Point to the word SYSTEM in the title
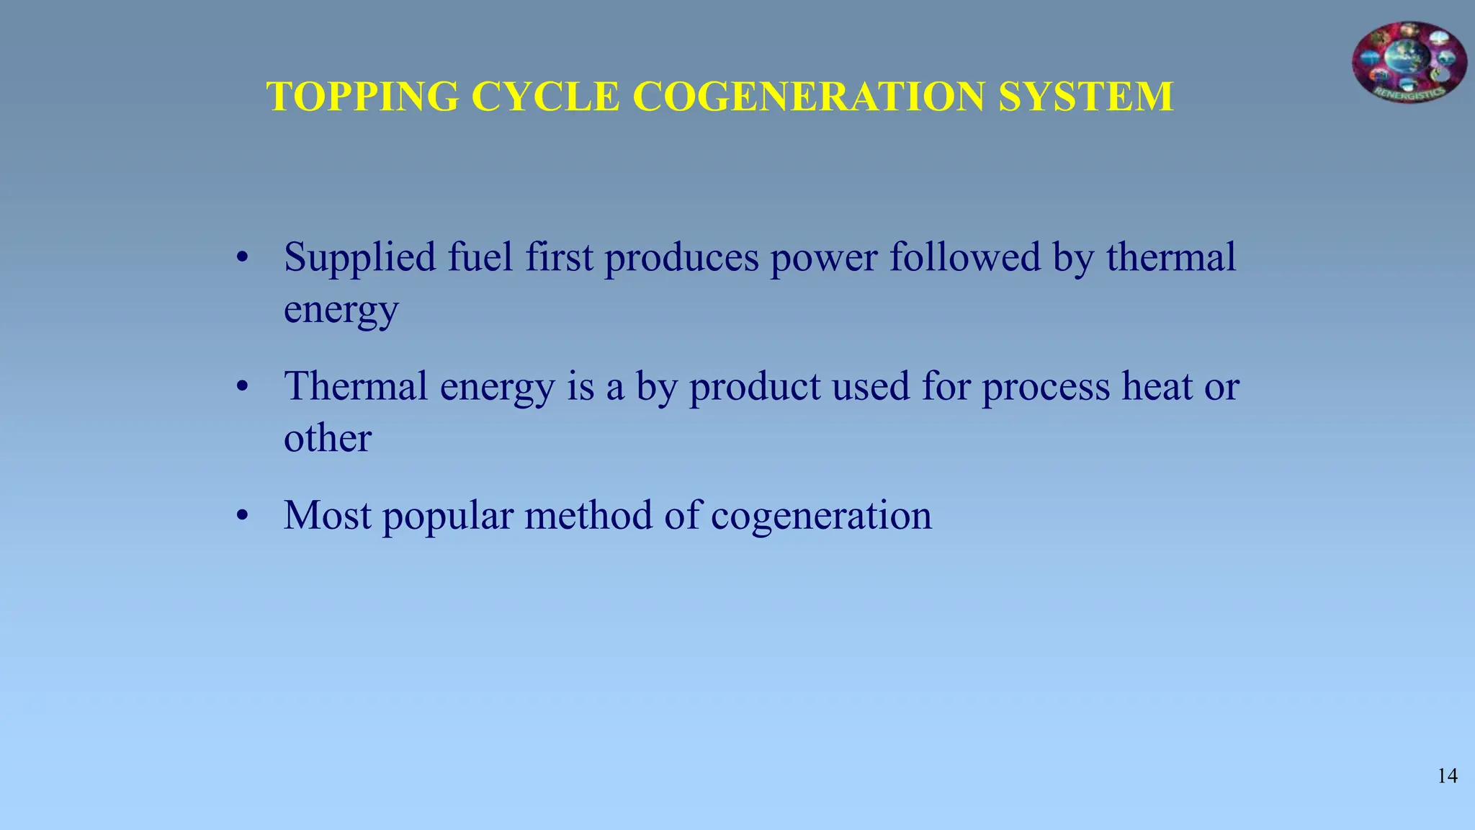pyautogui.click(x=1085, y=97)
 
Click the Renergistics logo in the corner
pyautogui.click(x=1409, y=62)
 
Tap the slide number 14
pyautogui.click(x=1448, y=776)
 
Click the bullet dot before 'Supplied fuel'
pyautogui.click(x=243, y=258)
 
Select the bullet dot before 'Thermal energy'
pyautogui.click(x=243, y=388)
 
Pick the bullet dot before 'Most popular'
pyautogui.click(x=243, y=516)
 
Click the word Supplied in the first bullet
pyautogui.click(x=360, y=258)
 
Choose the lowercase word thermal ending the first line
pyautogui.click(x=1171, y=257)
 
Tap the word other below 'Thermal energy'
pyautogui.click(x=328, y=438)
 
